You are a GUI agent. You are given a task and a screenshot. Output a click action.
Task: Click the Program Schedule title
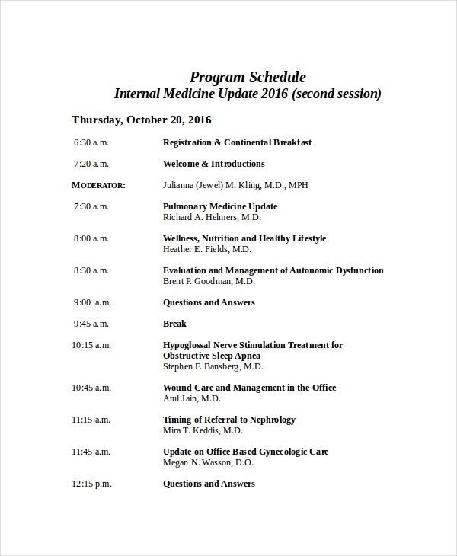coord(248,77)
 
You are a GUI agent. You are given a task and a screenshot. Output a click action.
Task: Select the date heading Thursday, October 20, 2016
coord(141,120)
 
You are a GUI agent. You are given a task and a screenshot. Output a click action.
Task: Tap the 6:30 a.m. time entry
coord(91,142)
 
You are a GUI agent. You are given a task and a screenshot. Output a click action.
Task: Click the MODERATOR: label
coord(98,185)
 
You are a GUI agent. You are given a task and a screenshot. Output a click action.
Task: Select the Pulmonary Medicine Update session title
coord(220,206)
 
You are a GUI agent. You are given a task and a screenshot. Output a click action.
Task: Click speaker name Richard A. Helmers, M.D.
coord(212,217)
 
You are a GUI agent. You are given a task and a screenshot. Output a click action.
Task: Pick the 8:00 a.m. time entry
coord(91,238)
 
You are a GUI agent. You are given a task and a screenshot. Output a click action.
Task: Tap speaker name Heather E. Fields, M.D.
coord(207,249)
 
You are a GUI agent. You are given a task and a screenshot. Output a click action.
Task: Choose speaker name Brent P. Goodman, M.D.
coord(209,281)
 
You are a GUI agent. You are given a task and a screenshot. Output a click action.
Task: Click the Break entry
coord(174,324)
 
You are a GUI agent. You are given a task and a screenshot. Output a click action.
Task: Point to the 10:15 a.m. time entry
coord(91,345)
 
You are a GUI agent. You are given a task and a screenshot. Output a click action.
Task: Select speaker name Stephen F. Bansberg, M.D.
coord(213,366)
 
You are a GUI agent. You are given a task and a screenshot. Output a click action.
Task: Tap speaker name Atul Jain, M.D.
coord(192,398)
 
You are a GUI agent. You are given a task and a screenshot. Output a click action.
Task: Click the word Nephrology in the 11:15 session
coord(270,420)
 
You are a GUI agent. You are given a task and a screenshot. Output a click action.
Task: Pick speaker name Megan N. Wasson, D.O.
coord(208,462)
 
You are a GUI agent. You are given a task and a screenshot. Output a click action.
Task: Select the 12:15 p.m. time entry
coord(91,484)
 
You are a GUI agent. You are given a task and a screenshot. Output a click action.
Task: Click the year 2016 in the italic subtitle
coord(274,94)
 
